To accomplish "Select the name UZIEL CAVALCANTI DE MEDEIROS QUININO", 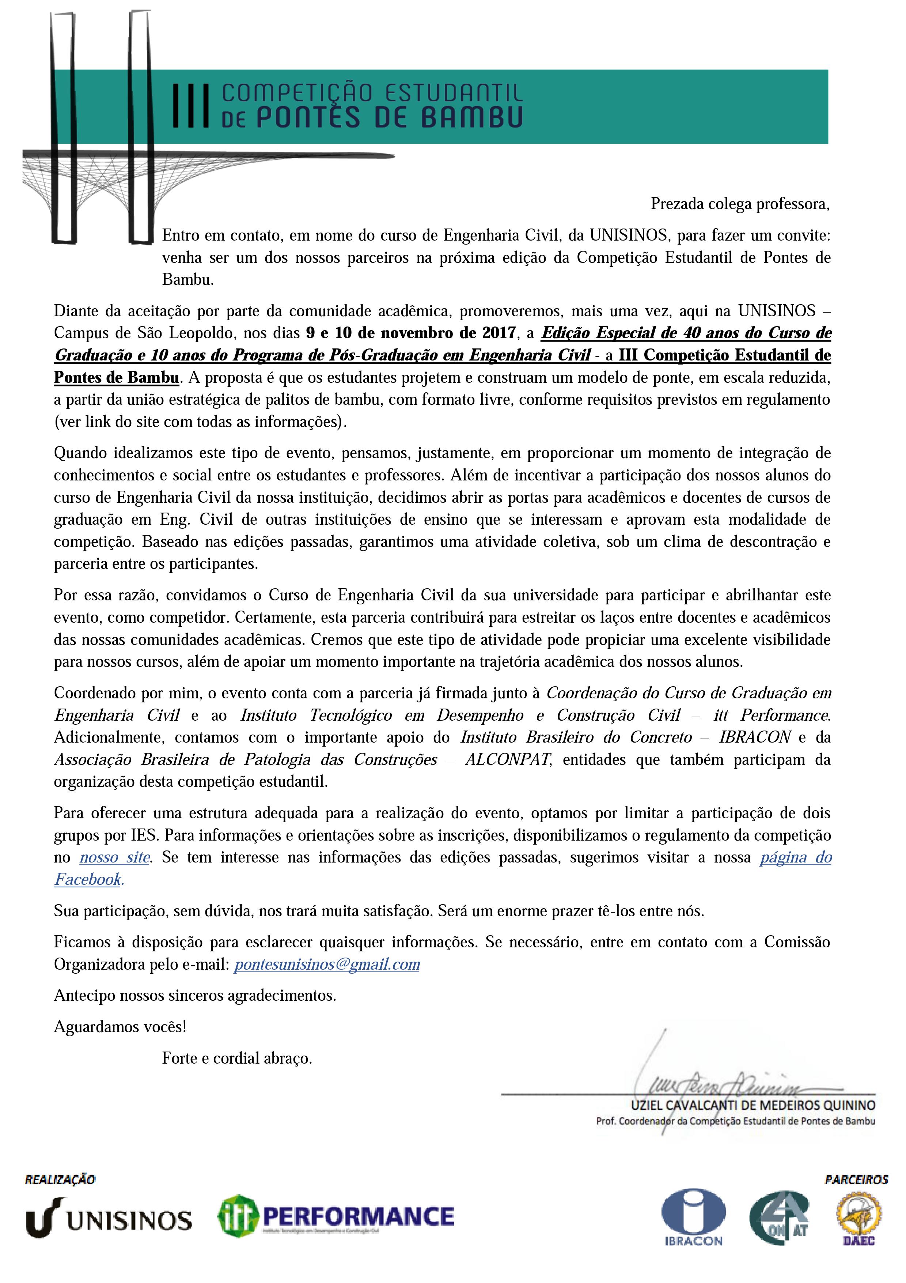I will click(x=753, y=1105).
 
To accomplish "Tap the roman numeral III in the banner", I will click(x=191, y=105).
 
